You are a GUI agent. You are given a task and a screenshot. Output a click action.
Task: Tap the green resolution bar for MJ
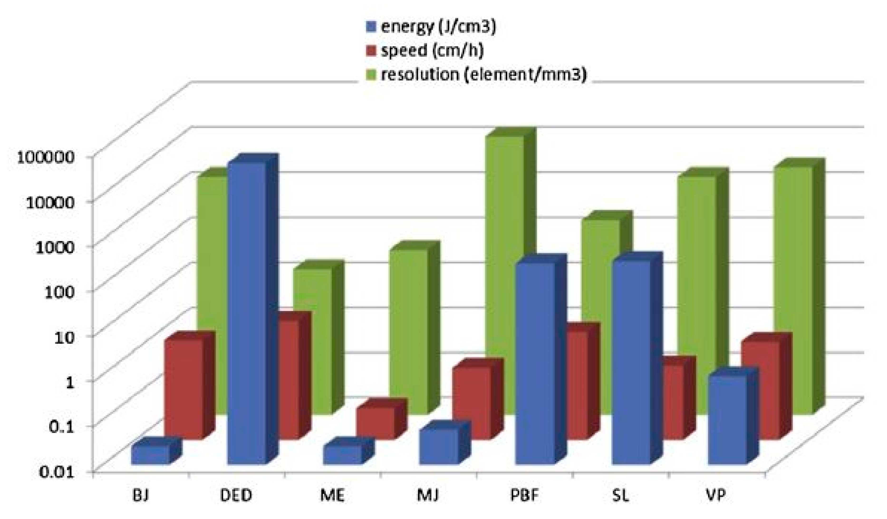(408, 331)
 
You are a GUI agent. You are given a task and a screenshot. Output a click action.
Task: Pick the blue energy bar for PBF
(535, 363)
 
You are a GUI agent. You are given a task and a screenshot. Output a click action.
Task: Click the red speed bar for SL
(672, 402)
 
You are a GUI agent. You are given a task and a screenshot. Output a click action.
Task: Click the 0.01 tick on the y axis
(56, 472)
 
